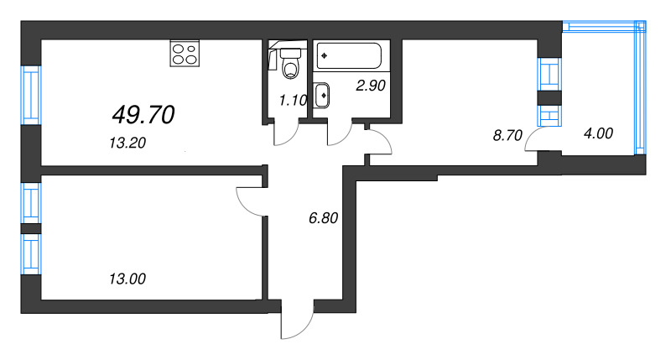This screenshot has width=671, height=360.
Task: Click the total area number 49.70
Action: click(143, 114)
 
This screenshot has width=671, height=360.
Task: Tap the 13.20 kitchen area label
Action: click(127, 143)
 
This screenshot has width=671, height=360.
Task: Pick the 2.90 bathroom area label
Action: click(370, 84)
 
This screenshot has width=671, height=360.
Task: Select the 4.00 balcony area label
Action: click(596, 133)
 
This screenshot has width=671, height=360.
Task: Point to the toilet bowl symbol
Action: click(291, 64)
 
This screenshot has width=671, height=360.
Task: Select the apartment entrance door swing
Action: click(295, 323)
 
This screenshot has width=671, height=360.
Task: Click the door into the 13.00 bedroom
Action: click(250, 201)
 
